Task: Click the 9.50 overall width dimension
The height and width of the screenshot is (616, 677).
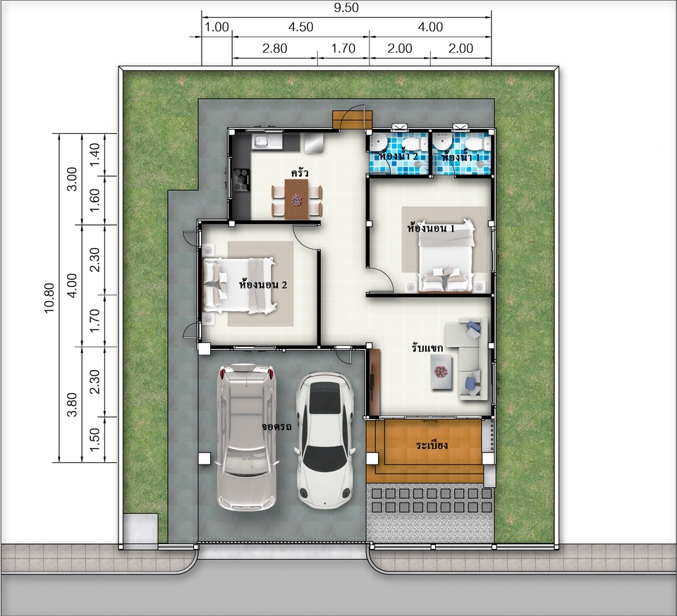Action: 346,8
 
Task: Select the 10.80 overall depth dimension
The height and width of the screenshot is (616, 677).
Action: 49,297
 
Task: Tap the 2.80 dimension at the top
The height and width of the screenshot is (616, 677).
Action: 274,49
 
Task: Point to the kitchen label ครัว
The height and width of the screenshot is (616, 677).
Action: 300,173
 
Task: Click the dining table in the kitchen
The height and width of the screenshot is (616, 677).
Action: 296,199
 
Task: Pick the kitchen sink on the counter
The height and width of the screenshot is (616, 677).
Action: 262,141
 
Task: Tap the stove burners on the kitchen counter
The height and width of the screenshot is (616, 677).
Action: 242,180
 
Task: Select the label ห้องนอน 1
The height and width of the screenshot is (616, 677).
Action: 431,228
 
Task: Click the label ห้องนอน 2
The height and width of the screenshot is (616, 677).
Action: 263,285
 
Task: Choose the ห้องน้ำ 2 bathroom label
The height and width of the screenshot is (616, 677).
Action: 398,156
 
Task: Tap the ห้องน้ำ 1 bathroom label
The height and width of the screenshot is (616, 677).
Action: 461,156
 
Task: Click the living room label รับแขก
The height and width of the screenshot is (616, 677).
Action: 427,347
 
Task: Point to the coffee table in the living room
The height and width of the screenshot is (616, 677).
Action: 441,372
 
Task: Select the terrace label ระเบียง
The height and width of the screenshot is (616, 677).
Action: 432,445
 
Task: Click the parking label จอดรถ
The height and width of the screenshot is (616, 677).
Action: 276,427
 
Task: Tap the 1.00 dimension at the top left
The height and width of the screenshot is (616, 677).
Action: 216,27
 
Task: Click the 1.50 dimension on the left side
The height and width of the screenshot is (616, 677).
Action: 94,439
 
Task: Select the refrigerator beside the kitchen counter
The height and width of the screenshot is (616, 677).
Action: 313,143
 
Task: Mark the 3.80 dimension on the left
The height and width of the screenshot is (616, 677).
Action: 72,404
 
